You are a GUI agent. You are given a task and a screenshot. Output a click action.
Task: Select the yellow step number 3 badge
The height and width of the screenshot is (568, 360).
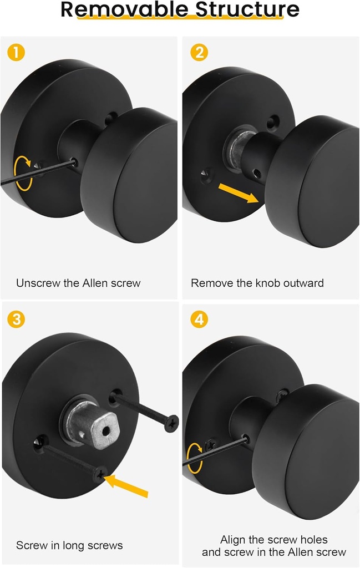17,319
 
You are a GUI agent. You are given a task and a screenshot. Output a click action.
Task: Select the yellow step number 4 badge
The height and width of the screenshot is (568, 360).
199,319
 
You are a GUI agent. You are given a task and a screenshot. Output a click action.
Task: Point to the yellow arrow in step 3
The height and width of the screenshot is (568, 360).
128,486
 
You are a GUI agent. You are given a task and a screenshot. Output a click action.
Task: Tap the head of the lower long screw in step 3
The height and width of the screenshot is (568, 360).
100,473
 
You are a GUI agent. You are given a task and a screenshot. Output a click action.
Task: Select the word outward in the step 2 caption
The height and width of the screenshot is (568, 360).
304,283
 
